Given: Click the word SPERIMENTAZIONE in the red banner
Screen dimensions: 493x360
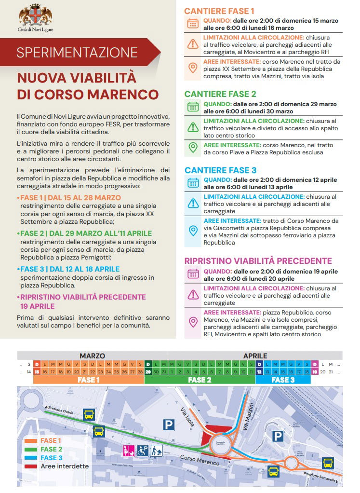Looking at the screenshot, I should [x=77, y=52].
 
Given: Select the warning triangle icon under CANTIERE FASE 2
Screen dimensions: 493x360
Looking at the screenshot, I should [x=193, y=127].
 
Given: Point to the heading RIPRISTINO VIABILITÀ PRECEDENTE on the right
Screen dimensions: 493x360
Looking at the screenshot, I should [x=258, y=261].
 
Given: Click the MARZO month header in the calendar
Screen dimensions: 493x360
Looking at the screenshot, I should [x=92, y=356].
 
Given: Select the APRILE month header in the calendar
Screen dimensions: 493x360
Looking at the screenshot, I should [x=255, y=356].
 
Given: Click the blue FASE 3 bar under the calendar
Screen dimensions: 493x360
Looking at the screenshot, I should [x=282, y=380].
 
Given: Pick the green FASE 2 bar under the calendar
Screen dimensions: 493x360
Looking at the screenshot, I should [x=200, y=380].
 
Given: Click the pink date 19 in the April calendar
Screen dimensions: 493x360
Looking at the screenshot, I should [x=315, y=371].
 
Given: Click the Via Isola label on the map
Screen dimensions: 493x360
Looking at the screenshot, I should [x=187, y=418].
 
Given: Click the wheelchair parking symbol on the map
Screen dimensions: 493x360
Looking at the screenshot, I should [x=143, y=451].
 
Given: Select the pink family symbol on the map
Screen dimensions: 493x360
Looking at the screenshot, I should [x=129, y=451].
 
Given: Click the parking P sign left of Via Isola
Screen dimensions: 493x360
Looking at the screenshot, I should [x=168, y=425].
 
